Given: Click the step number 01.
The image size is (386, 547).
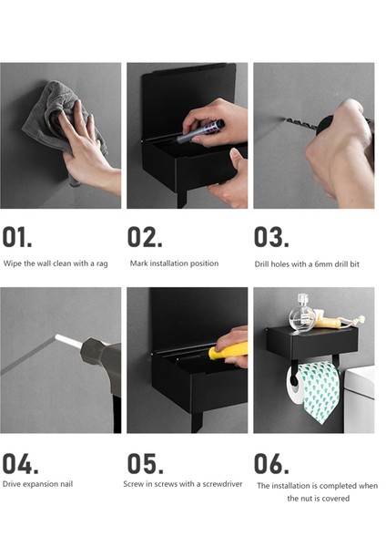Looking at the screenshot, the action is [x=17, y=237].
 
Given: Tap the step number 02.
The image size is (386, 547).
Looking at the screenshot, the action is [x=145, y=237].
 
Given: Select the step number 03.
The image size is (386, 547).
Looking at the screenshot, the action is [x=271, y=237].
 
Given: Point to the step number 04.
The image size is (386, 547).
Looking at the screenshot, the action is [x=20, y=464].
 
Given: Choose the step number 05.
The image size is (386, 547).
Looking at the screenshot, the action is [x=146, y=464].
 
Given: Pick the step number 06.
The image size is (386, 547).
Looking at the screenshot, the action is [x=271, y=464].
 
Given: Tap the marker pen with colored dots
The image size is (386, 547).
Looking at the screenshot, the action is [x=200, y=131].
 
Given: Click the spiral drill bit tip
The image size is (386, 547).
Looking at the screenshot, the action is [x=300, y=123].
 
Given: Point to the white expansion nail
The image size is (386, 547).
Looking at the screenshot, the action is [x=68, y=342].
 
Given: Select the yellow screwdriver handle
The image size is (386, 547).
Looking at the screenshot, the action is [x=229, y=351].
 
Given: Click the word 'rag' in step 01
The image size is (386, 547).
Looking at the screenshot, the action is [x=102, y=263].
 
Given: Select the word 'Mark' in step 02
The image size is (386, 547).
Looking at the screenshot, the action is [x=137, y=263].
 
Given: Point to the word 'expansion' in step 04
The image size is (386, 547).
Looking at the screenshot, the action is [x=41, y=484].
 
